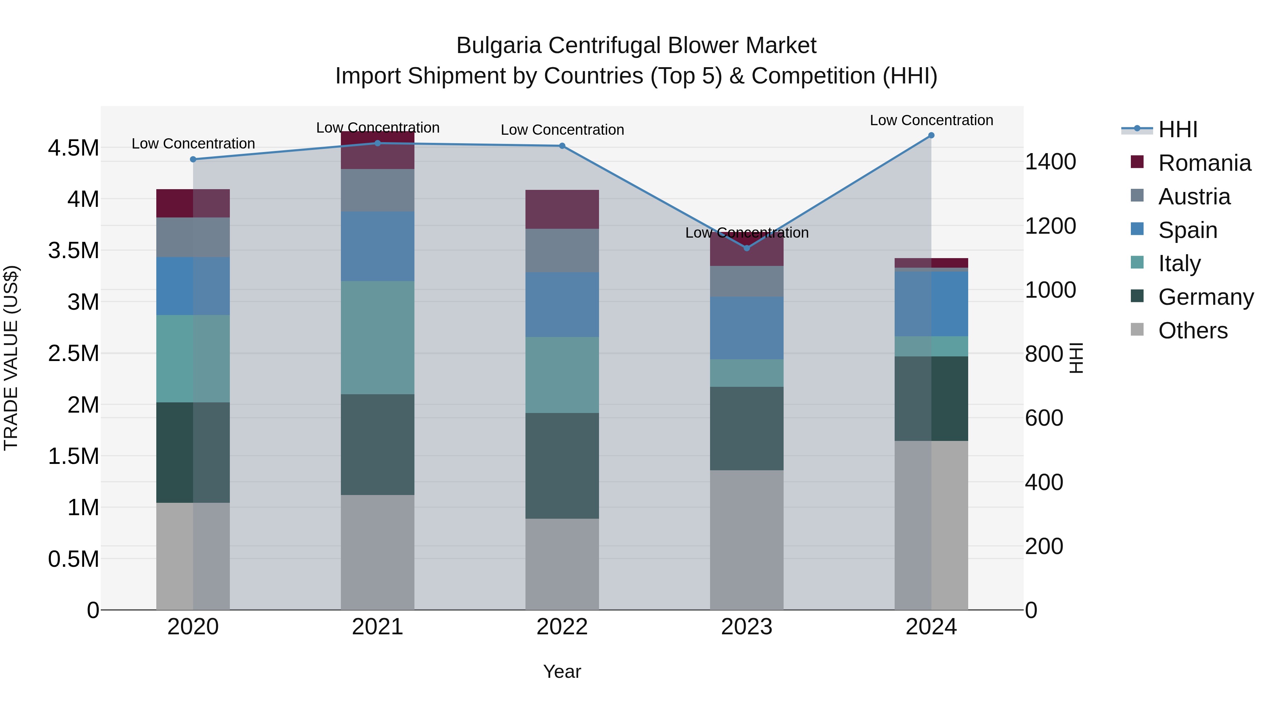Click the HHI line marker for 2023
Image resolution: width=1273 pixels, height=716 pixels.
[x=747, y=248]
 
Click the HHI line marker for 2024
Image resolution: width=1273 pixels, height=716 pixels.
[x=931, y=135]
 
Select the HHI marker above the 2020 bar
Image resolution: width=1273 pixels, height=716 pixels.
[x=193, y=159]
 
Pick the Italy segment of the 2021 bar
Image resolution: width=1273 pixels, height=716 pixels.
[x=378, y=338]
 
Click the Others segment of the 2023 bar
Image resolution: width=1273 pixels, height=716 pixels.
[x=747, y=540]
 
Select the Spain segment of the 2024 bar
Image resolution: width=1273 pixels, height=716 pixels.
[x=931, y=304]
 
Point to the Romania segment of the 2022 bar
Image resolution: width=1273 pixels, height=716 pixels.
[x=562, y=209]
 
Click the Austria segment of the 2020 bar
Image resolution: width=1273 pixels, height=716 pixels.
[x=193, y=237]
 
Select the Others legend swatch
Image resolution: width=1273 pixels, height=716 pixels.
[x=1137, y=330]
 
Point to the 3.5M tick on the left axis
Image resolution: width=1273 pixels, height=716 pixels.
[x=73, y=251]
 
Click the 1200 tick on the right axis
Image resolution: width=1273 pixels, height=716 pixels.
[x=1050, y=226]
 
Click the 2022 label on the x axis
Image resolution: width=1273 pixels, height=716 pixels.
[x=562, y=627]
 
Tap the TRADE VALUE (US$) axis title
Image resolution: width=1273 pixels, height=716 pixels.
[x=11, y=358]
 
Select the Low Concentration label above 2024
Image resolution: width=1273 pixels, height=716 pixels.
[x=931, y=120]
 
